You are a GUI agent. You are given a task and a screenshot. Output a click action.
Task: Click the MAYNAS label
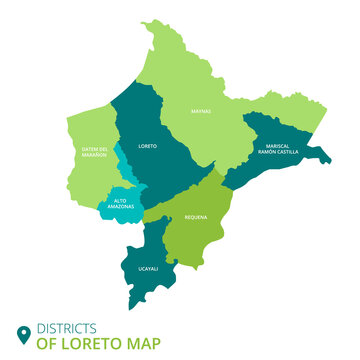[201, 111]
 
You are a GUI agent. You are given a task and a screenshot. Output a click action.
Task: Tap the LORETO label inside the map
[148, 145]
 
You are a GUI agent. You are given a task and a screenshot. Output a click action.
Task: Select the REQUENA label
[195, 216]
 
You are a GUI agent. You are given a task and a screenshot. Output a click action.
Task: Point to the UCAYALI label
[147, 269]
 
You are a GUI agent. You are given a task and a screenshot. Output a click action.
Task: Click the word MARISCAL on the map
[277, 144]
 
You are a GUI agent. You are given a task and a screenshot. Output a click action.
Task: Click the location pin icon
[22, 334]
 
